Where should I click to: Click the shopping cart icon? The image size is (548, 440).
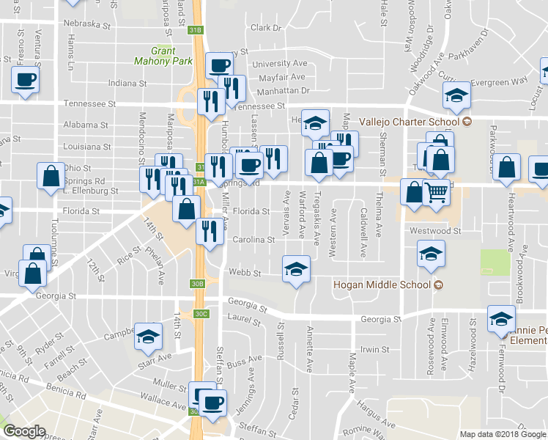[437, 193]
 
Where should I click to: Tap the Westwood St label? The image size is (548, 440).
[435, 230]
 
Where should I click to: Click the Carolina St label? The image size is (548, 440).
[253, 239]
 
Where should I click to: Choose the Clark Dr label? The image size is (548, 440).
[266, 28]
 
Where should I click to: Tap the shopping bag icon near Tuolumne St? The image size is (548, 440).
[51, 175]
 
